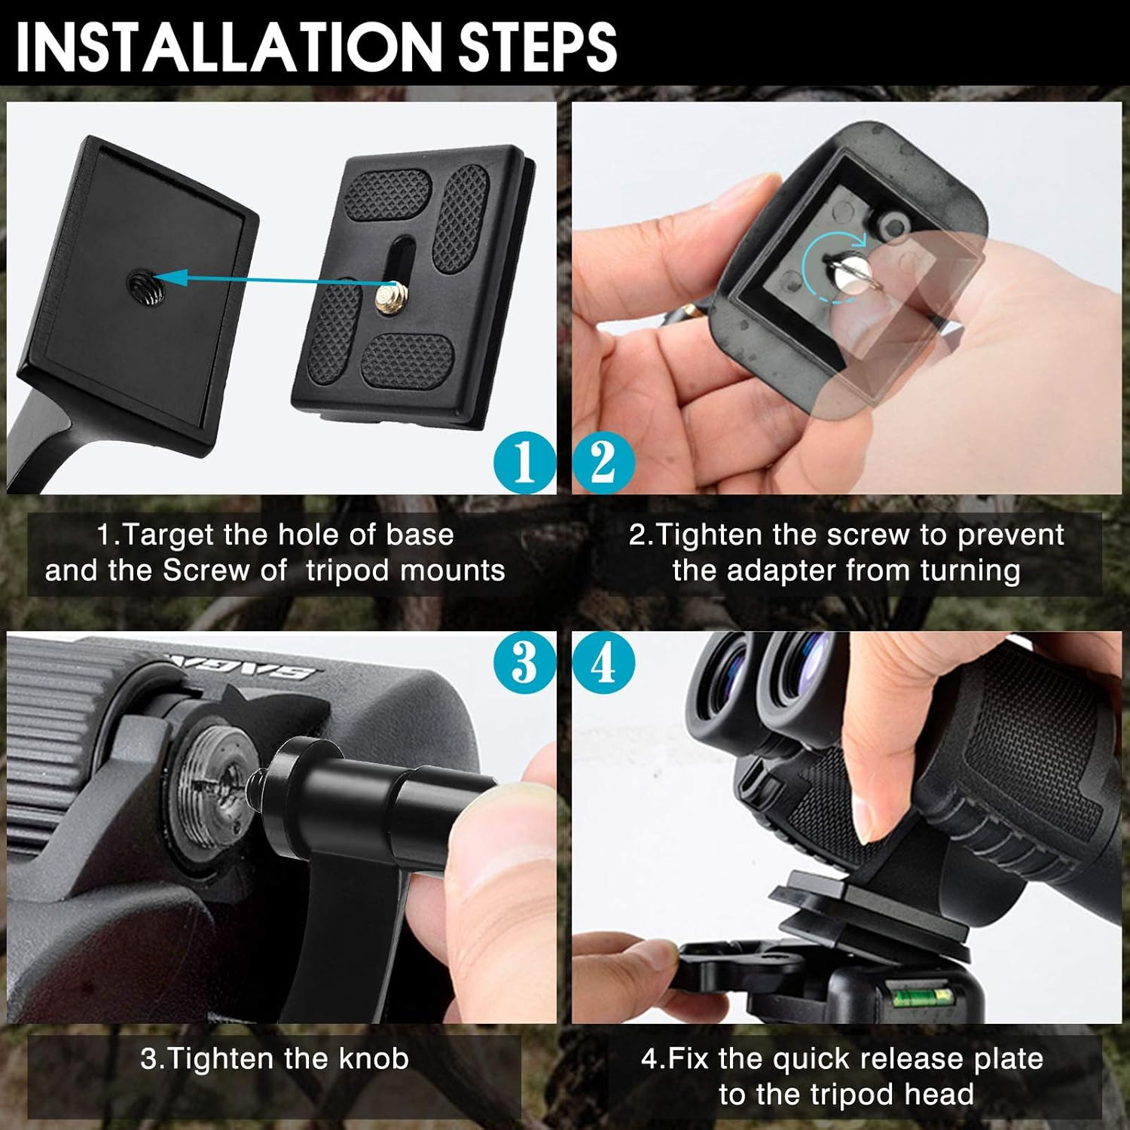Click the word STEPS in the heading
point(539,46)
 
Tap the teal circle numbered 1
point(524,462)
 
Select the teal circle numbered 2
point(604,462)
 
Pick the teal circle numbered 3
point(524,663)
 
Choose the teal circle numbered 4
point(604,663)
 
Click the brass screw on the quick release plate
point(392,295)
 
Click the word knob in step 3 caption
point(374,1058)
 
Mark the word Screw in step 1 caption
point(206,570)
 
